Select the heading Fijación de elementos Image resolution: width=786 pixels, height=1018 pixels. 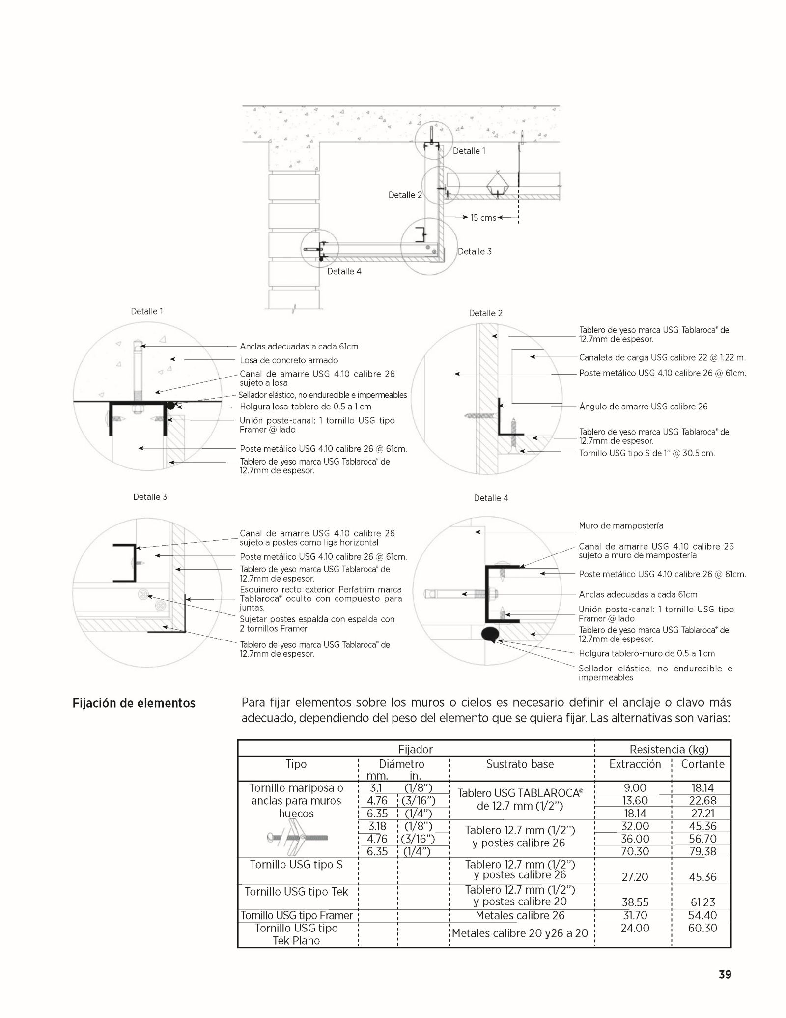(134, 703)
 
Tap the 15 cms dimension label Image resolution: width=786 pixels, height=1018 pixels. (483, 218)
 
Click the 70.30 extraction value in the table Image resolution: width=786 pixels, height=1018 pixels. (635, 851)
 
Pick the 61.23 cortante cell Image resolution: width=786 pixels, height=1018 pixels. (702, 902)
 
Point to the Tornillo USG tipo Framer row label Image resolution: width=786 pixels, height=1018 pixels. (297, 915)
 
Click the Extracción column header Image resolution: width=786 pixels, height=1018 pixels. (635, 764)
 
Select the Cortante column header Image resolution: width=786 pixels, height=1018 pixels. (702, 764)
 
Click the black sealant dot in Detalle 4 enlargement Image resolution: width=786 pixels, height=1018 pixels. (490, 634)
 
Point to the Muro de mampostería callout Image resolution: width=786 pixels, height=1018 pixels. (621, 525)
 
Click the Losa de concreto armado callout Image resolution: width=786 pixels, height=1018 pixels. (288, 360)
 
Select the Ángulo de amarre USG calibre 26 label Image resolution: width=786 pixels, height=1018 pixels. (643, 407)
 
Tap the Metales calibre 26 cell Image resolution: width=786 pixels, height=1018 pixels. (520, 915)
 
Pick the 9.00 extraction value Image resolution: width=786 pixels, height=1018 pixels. (635, 788)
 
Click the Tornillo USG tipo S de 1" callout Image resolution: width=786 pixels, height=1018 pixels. (646, 453)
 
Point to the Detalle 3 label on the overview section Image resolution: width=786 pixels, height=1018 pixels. (475, 251)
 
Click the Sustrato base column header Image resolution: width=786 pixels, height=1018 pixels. (520, 764)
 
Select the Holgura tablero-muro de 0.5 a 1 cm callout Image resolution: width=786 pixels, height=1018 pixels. (646, 653)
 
